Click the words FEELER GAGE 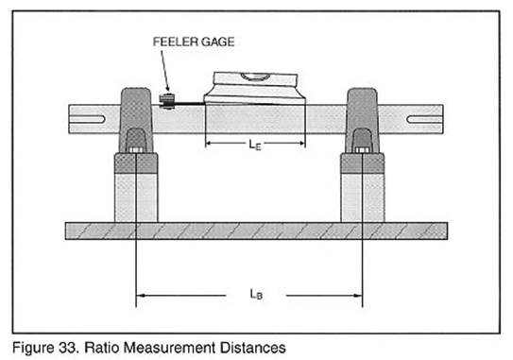[194, 42]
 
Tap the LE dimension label [255, 145]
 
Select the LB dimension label [256, 294]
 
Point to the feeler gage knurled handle [166, 101]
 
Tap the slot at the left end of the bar [88, 119]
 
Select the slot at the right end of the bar [424, 119]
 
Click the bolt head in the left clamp [135, 150]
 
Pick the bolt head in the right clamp [362, 150]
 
